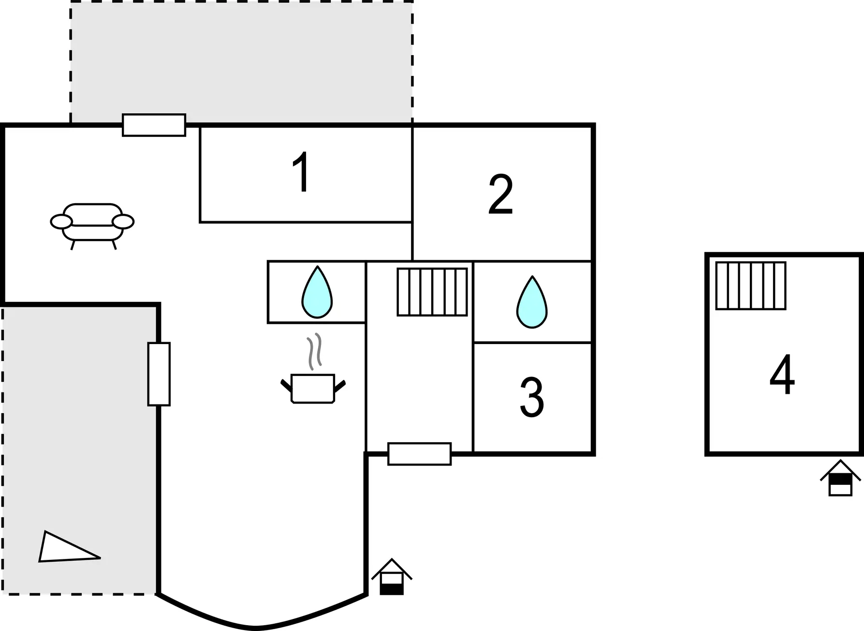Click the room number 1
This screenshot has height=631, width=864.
pyautogui.click(x=302, y=172)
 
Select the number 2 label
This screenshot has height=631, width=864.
pyautogui.click(x=500, y=195)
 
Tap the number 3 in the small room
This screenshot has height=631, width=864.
pyautogui.click(x=531, y=397)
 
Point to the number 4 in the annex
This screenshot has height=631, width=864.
pyautogui.click(x=782, y=375)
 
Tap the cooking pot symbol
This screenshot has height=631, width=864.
pyautogui.click(x=313, y=389)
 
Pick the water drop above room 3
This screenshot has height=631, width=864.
pyautogui.click(x=532, y=302)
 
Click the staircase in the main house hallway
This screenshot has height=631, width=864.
pyautogui.click(x=432, y=292)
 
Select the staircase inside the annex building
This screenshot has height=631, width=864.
pyautogui.click(x=751, y=285)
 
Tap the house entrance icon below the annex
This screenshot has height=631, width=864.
pyautogui.click(x=840, y=478)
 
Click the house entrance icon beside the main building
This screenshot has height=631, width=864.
pyautogui.click(x=392, y=577)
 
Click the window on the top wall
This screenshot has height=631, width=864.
pyautogui.click(x=154, y=125)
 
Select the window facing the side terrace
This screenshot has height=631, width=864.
pyautogui.click(x=159, y=374)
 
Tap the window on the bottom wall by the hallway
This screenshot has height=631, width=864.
pyautogui.click(x=420, y=454)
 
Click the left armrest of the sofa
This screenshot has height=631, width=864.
pyautogui.click(x=61, y=222)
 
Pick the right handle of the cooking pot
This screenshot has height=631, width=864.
pyautogui.click(x=340, y=386)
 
